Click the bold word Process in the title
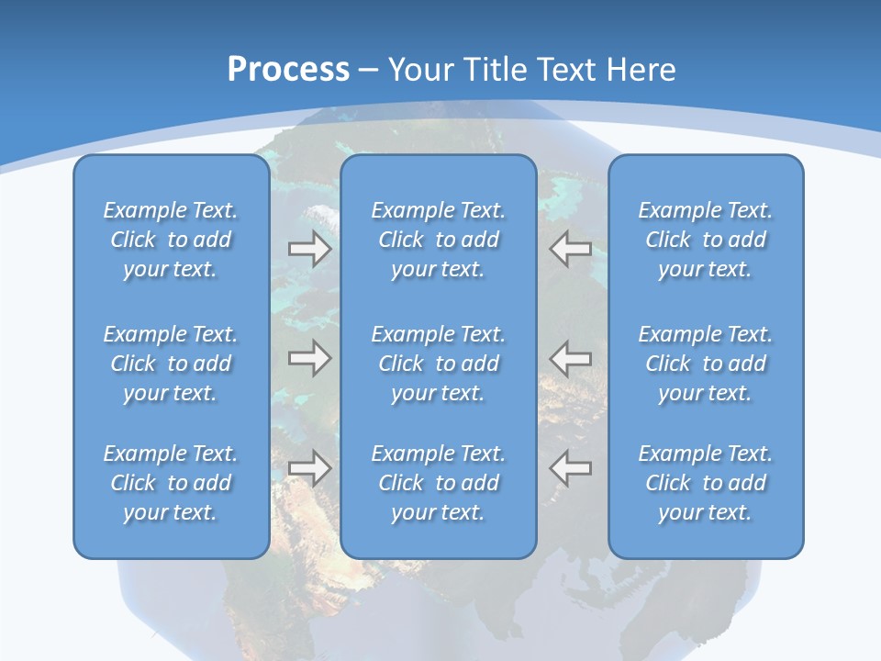(x=288, y=70)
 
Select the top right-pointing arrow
(x=309, y=249)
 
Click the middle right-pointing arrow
(x=309, y=357)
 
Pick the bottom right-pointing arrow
(x=309, y=467)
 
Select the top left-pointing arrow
(x=571, y=249)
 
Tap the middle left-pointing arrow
(x=571, y=357)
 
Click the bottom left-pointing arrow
(x=571, y=467)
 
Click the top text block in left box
(x=171, y=240)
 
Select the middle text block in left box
(x=171, y=364)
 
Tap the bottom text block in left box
(x=171, y=483)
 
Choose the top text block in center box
(x=439, y=240)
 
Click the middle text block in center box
(x=439, y=364)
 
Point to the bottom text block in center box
(x=439, y=483)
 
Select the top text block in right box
(x=706, y=240)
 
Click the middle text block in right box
(x=706, y=364)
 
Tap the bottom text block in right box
(x=706, y=483)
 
